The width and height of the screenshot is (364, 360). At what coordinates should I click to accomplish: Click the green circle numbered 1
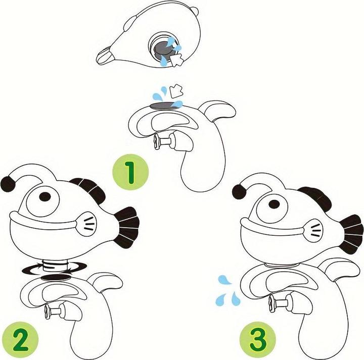point(130,173)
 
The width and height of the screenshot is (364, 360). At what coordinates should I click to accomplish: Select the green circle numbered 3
point(258,340)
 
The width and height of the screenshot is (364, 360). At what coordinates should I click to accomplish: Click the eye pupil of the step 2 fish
point(45,196)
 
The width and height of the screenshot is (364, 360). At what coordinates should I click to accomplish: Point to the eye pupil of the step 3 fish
point(275,204)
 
